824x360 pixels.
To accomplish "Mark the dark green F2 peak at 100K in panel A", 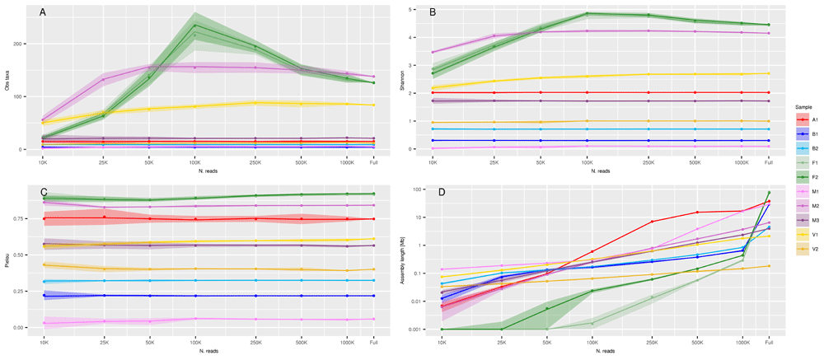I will pos(195,26).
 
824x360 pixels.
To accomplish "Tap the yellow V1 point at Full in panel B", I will pos(768,73).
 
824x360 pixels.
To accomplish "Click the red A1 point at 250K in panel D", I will pos(652,222).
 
